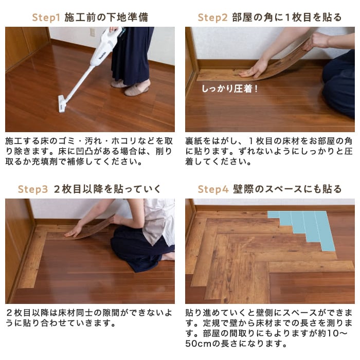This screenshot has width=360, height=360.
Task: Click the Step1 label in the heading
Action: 46,17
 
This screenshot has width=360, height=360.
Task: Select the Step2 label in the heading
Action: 212,17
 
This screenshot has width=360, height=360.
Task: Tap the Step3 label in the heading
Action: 33,189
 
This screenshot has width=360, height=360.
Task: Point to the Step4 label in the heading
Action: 213,189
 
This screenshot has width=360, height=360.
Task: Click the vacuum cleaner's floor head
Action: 62,104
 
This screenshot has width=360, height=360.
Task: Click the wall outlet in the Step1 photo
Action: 93,32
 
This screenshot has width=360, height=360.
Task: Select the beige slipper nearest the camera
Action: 136,90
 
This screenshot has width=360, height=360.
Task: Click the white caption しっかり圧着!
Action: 230,88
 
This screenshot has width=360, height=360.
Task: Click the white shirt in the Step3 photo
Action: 158,221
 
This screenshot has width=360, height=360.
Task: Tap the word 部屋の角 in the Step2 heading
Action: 252,17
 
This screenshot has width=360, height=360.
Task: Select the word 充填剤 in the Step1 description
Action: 45,162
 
